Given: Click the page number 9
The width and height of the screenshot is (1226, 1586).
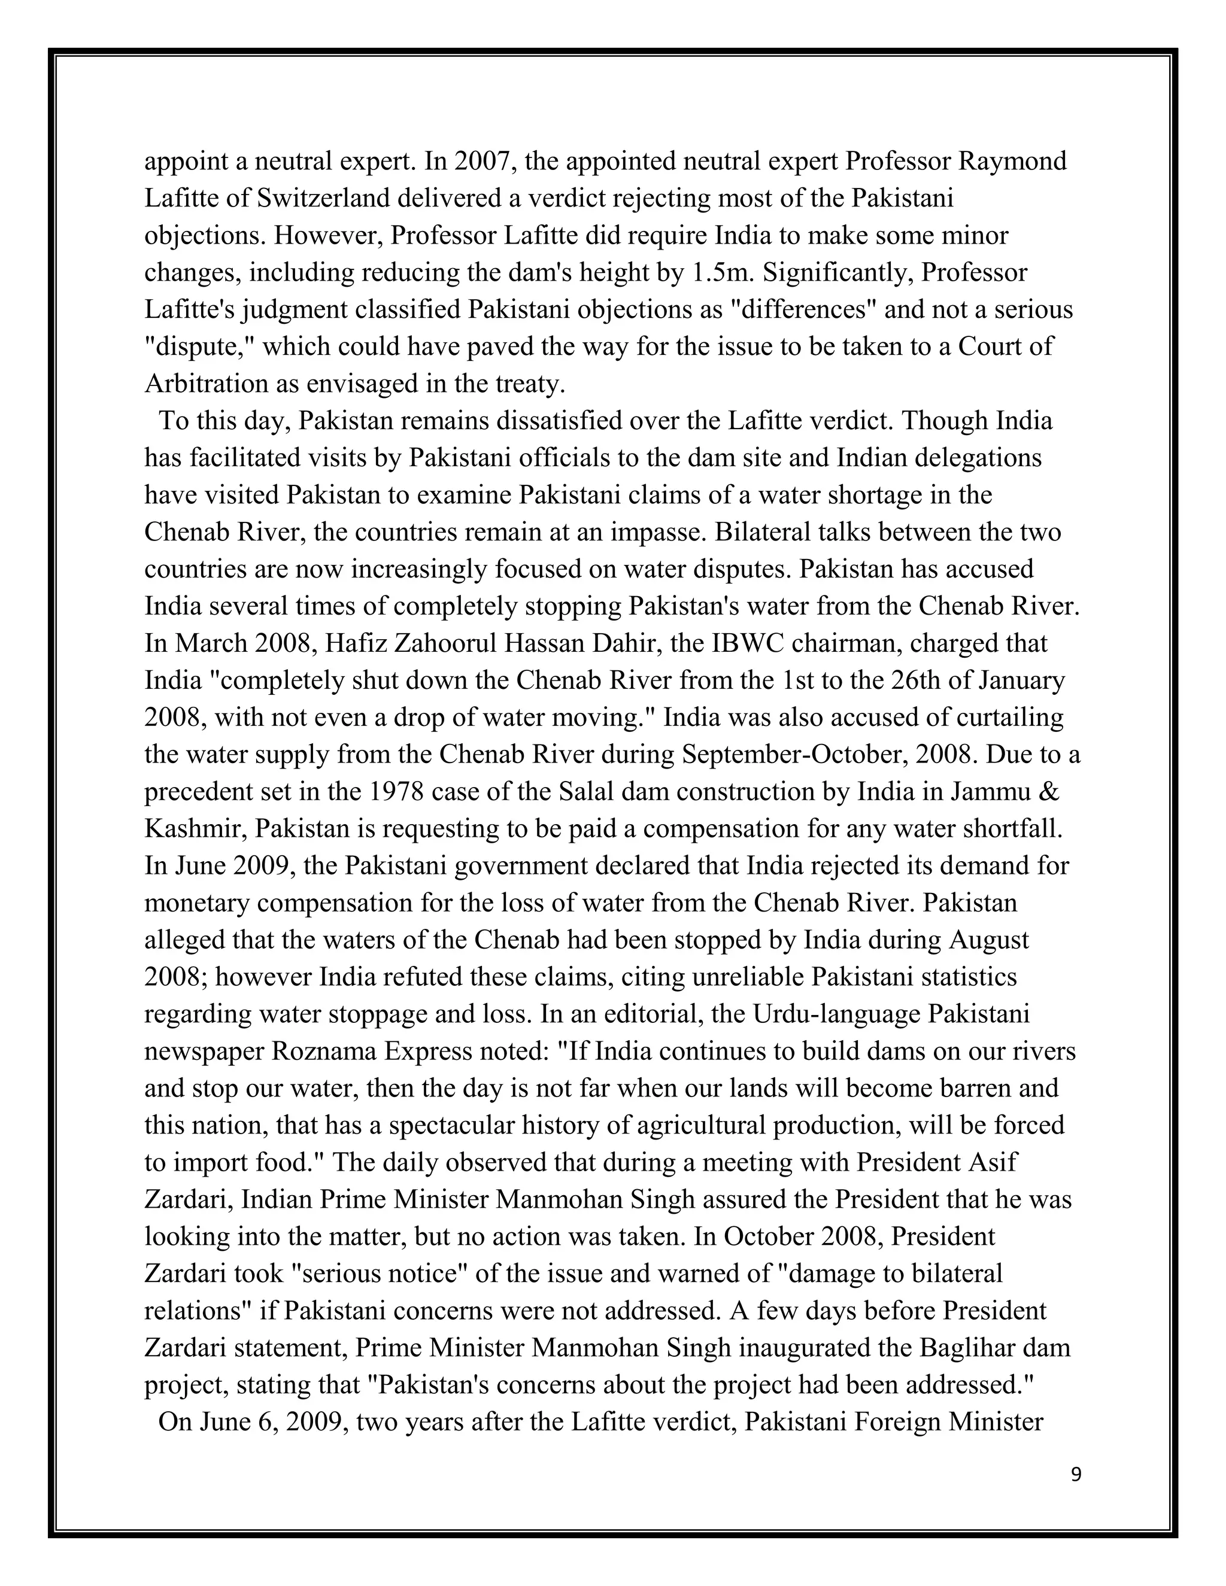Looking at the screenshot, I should [1076, 1474].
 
